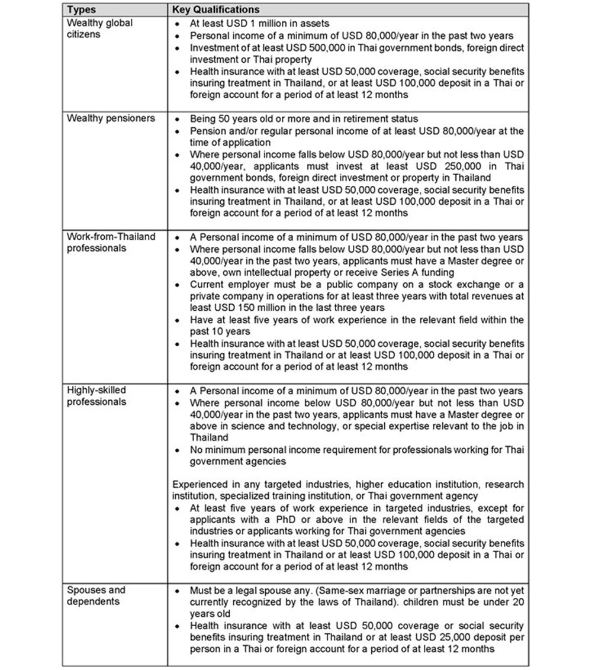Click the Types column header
click(x=81, y=10)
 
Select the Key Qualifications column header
click(x=215, y=10)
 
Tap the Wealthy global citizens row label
click(x=99, y=28)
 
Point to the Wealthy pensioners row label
click(x=111, y=118)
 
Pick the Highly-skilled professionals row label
click(x=96, y=397)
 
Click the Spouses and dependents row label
click(x=96, y=596)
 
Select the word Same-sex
click(x=336, y=591)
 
